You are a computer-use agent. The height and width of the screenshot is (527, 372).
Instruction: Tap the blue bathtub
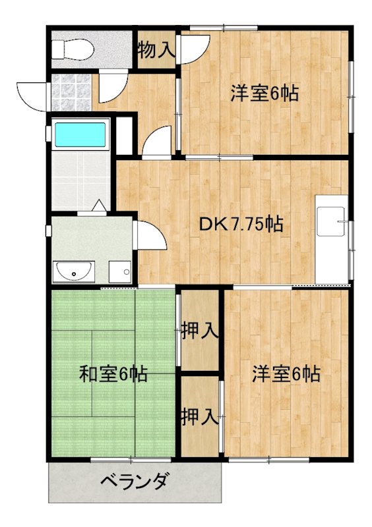point(80,134)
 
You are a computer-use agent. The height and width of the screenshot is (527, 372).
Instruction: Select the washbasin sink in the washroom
point(74,270)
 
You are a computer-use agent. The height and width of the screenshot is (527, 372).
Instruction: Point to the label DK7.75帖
point(241,225)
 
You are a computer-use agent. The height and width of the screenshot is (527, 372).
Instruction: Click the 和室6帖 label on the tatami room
point(113,375)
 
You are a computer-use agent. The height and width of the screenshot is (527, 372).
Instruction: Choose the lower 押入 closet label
point(200,416)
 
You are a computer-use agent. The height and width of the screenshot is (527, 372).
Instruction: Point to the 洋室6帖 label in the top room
point(264,94)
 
